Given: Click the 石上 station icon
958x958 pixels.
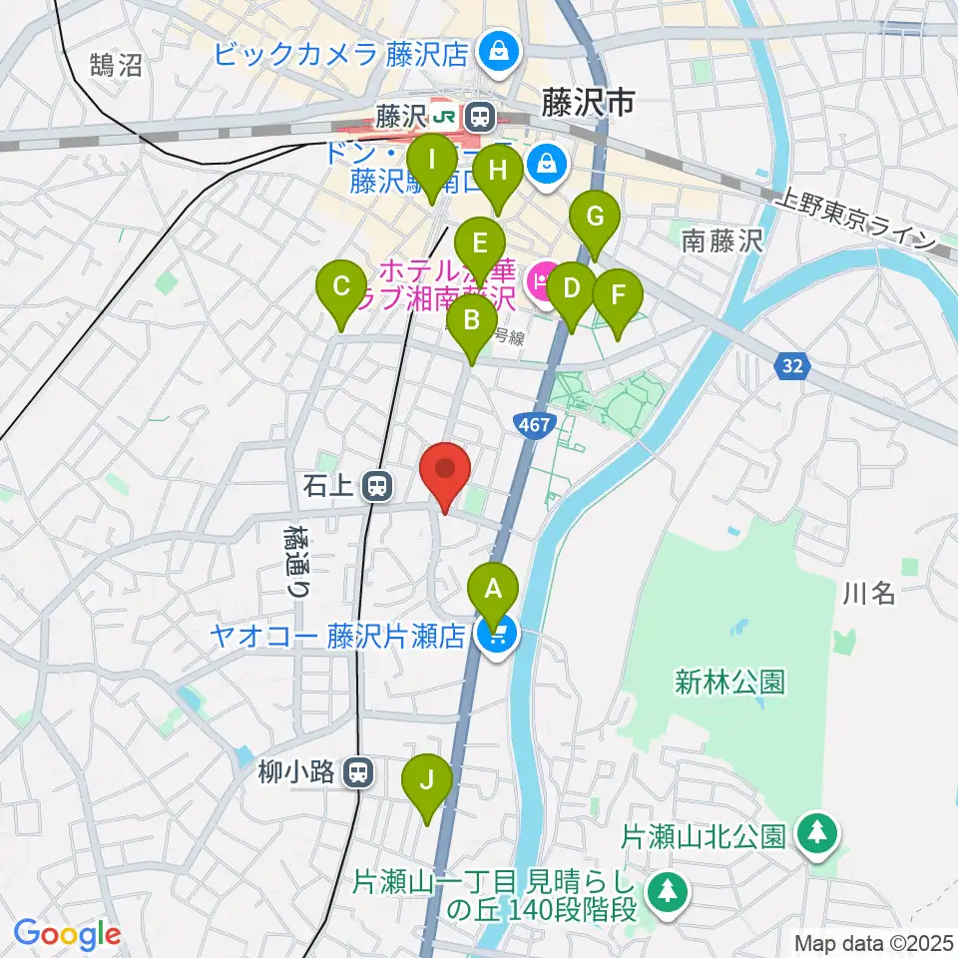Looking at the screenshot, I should click(x=377, y=487).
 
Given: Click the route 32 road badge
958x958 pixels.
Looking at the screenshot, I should click(x=792, y=367).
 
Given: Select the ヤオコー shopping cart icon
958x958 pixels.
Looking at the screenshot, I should click(x=495, y=635).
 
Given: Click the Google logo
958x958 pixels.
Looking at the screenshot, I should click(x=68, y=935).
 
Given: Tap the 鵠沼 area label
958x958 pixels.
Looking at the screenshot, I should click(x=115, y=66).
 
